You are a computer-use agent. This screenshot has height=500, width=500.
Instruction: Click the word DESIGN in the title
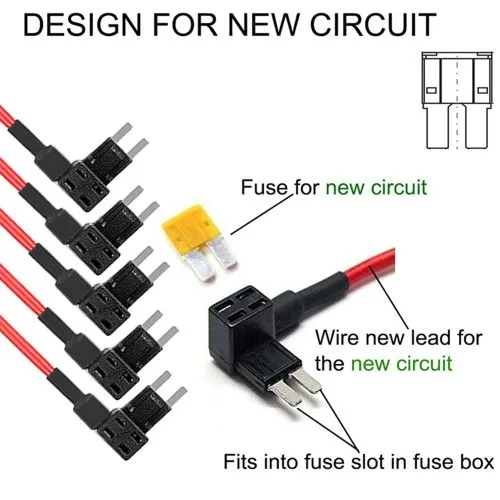(83, 25)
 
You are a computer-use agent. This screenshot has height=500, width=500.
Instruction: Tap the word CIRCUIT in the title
(373, 25)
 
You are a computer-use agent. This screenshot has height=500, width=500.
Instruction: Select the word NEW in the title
(262, 25)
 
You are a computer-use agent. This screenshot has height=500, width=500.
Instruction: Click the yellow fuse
(199, 243)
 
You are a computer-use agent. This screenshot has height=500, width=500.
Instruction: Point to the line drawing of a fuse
(457, 100)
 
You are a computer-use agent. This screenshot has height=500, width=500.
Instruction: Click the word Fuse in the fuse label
(264, 187)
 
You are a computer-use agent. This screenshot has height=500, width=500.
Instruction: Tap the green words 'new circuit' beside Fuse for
(376, 187)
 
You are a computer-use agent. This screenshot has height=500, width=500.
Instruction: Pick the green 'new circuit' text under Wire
(401, 363)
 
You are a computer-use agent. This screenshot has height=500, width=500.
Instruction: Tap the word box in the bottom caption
(476, 462)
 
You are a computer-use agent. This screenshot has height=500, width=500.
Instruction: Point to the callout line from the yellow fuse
(261, 215)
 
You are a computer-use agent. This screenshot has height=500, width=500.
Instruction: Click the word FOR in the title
(184, 25)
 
